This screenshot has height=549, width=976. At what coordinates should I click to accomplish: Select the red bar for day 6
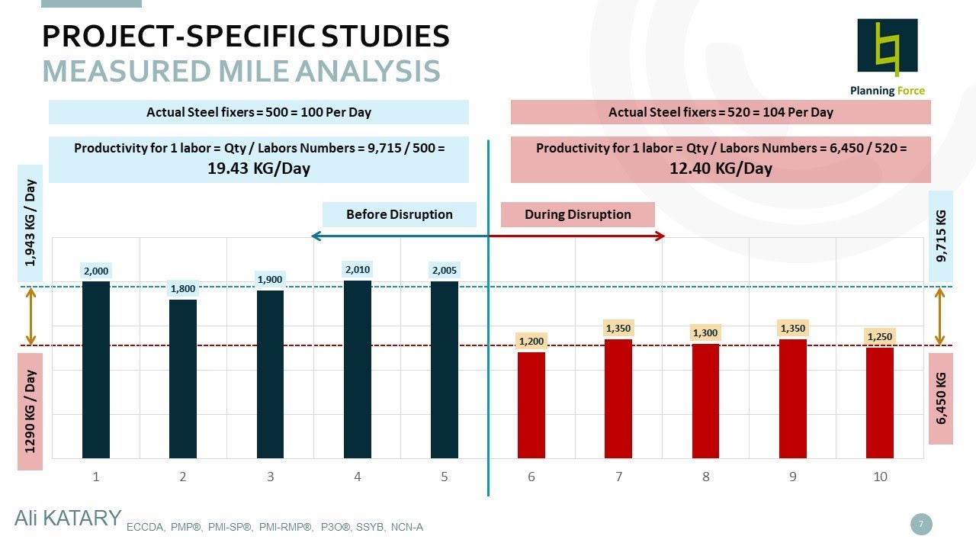click(531, 405)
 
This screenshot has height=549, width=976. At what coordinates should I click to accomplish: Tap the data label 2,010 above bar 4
click(357, 269)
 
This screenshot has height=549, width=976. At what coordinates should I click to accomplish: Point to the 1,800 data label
click(183, 289)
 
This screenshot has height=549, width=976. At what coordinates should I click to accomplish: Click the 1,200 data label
click(531, 341)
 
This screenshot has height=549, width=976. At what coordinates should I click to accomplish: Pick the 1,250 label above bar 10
click(880, 336)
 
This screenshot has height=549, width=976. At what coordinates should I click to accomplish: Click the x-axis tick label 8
click(706, 477)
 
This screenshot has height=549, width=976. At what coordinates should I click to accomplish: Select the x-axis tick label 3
click(270, 477)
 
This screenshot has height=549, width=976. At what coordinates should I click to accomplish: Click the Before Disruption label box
click(399, 215)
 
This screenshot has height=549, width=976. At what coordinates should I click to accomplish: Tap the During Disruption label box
click(577, 215)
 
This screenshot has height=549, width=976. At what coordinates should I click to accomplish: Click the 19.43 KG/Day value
click(258, 169)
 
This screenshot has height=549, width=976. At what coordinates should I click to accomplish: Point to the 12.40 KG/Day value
click(721, 169)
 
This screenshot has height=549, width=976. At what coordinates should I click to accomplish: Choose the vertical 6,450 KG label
click(940, 398)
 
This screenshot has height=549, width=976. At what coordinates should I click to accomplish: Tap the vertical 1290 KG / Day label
click(30, 412)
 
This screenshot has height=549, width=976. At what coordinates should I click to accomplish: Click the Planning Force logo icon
click(888, 47)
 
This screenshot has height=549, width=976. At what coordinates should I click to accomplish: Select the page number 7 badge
click(921, 524)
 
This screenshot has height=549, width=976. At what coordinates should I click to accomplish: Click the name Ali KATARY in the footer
click(68, 518)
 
